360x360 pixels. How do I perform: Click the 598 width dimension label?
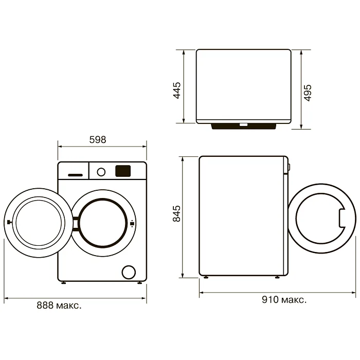97,139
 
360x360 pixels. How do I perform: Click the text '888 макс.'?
59,305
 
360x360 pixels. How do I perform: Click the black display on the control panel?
122,171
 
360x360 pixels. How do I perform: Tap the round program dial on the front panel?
101,172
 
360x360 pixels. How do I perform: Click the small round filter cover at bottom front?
128,272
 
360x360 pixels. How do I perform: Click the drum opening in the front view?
104,221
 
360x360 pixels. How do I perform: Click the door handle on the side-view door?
342,217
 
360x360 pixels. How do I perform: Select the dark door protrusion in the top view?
246,125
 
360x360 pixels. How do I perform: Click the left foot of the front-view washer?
63,282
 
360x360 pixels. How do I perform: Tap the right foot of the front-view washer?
139,282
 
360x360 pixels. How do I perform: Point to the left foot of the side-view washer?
206,278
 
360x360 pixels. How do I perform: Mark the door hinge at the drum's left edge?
76,222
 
